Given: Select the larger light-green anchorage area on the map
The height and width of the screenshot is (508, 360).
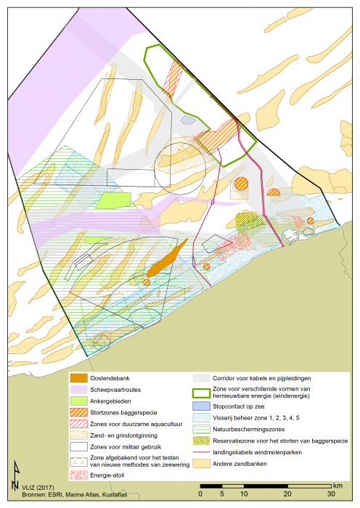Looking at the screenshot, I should (112, 201).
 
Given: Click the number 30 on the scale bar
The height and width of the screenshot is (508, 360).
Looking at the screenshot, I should (331, 493).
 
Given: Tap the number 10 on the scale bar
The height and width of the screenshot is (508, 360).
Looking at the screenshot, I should (245, 493).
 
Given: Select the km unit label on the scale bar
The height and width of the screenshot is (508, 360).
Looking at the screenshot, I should (338, 484).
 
